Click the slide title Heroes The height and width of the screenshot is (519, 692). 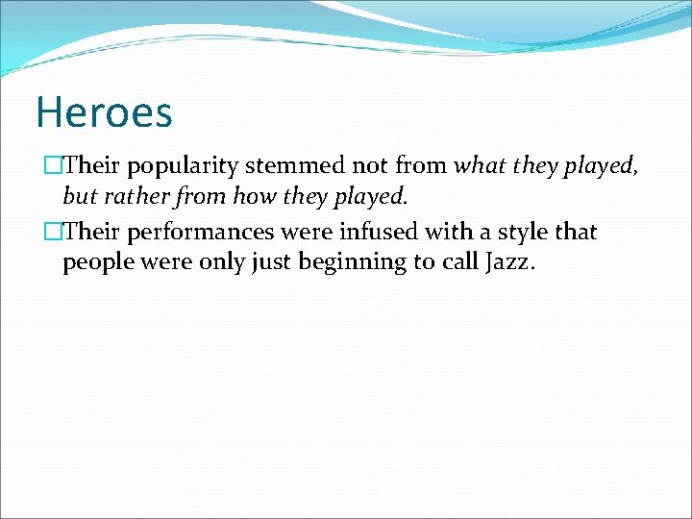coord(104,111)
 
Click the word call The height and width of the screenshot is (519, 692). coord(457,262)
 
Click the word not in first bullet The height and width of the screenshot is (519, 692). coord(370,165)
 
